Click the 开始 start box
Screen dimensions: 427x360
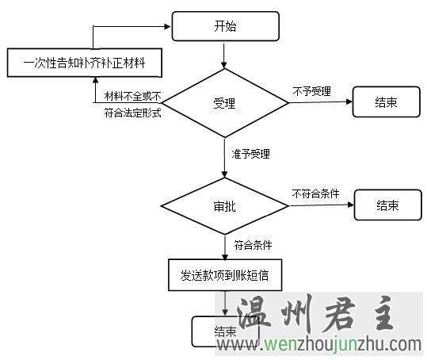click(x=226, y=26)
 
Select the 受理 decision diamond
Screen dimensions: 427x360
click(x=225, y=103)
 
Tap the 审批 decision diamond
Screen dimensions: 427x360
click(x=225, y=206)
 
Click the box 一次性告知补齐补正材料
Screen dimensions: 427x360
click(x=85, y=63)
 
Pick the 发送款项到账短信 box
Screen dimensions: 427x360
click(x=225, y=275)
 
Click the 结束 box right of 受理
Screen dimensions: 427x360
click(x=386, y=102)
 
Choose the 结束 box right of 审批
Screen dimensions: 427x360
click(x=388, y=205)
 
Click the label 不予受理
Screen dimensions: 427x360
click(x=312, y=91)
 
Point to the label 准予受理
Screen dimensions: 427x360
click(x=251, y=154)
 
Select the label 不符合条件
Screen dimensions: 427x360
click(x=315, y=193)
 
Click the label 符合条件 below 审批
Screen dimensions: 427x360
click(x=253, y=245)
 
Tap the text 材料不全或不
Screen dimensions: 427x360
click(x=133, y=96)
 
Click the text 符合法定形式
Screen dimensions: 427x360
click(x=132, y=113)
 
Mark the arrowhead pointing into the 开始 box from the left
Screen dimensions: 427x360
click(x=167, y=26)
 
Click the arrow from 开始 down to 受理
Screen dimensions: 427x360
click(x=224, y=56)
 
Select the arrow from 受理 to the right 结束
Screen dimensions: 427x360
click(x=321, y=102)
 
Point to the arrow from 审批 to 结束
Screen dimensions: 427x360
click(x=322, y=205)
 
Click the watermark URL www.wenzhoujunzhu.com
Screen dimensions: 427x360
click(x=319, y=344)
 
